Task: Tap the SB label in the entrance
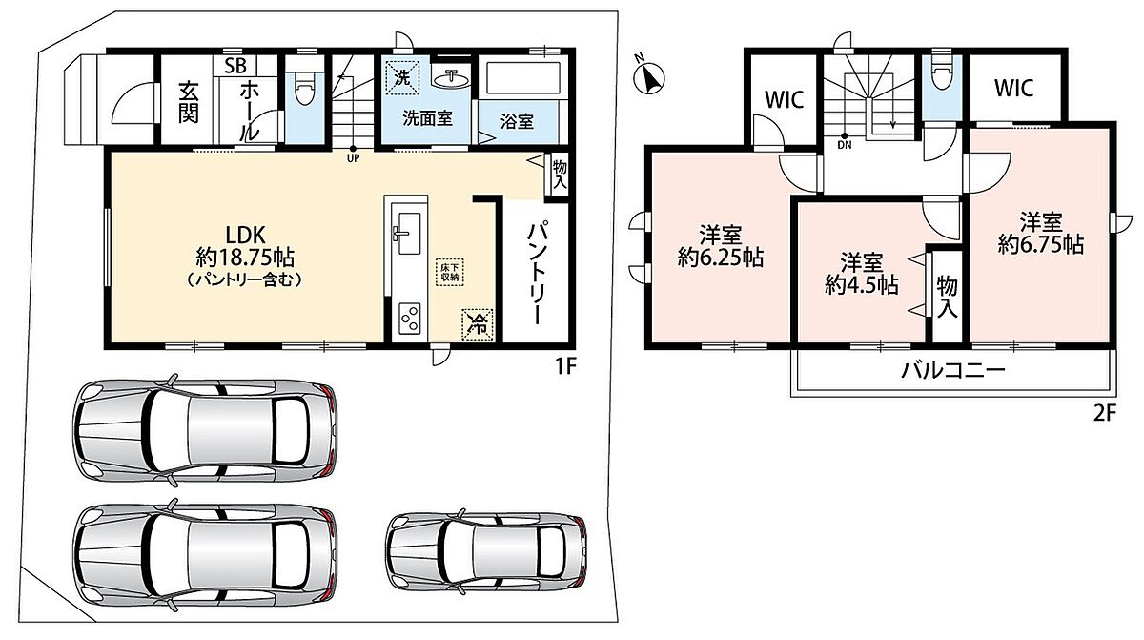click(235, 66)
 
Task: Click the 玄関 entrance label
click(189, 103)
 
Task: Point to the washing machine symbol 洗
click(402, 78)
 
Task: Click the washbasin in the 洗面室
click(451, 80)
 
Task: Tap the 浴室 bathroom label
click(518, 121)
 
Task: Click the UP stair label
click(353, 158)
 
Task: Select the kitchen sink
click(408, 233)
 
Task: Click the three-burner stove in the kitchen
click(410, 319)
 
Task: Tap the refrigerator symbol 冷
click(478, 324)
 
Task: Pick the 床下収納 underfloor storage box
click(449, 272)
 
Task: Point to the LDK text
click(246, 235)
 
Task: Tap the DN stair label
click(845, 145)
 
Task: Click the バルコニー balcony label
click(953, 369)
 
